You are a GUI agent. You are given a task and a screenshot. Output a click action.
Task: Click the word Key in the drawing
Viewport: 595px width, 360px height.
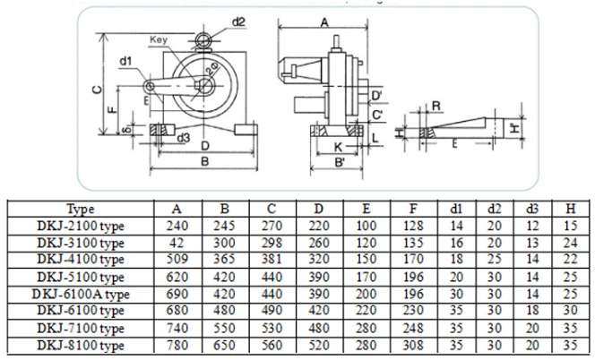pos(160,40)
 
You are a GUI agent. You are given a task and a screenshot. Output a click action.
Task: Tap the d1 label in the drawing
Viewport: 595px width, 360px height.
pos(125,62)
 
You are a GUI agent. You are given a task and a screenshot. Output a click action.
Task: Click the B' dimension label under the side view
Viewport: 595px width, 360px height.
pos(341,164)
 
